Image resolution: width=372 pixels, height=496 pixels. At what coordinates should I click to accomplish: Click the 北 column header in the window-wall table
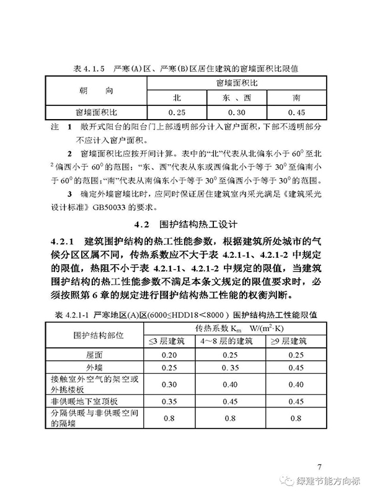tap(177, 99)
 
